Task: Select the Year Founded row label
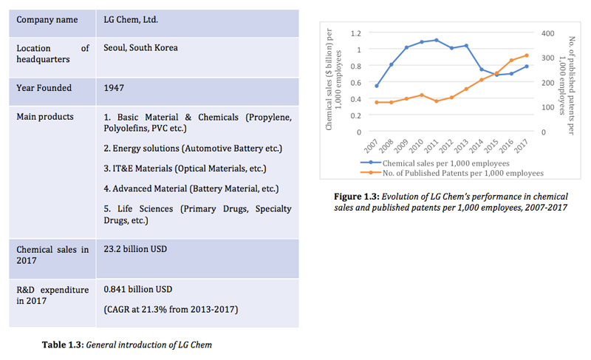(x=44, y=88)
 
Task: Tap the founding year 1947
(x=114, y=88)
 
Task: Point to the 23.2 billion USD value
(x=135, y=249)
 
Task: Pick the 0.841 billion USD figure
(x=138, y=290)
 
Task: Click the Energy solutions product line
(x=193, y=149)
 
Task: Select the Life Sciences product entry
(x=197, y=214)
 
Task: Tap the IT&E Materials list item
(x=185, y=169)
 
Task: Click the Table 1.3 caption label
(x=63, y=345)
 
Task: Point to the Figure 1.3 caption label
(x=357, y=197)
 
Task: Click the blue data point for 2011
(x=437, y=40)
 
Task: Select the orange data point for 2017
(x=527, y=55)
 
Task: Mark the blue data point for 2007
(x=377, y=86)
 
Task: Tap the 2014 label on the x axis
(x=476, y=146)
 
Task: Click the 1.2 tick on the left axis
(x=356, y=33)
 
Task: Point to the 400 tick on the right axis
(x=547, y=33)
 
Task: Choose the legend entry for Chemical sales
(x=435, y=163)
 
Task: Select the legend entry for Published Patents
(x=452, y=173)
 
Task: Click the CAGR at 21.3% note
(x=171, y=310)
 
